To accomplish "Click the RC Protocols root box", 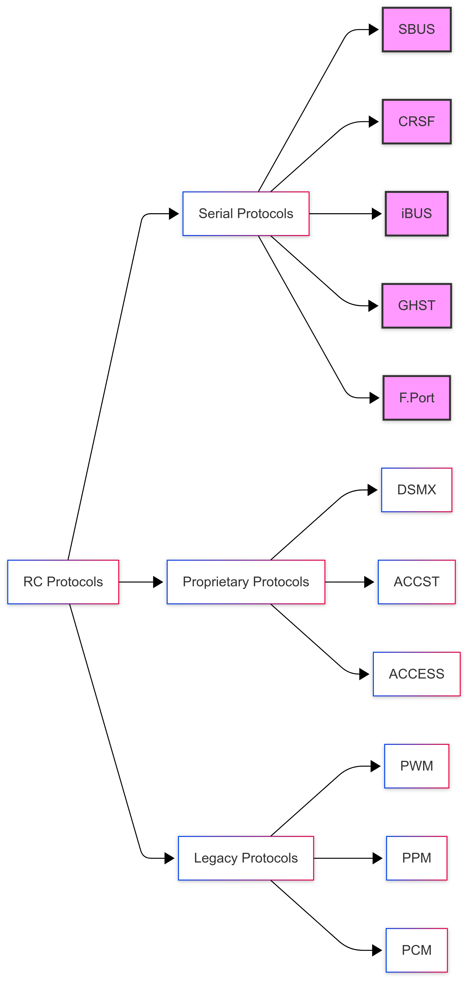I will point(63,582).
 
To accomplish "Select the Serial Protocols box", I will point(246,213).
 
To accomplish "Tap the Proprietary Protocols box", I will point(246,582).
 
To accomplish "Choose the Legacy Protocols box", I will point(246,858).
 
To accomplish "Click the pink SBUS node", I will point(416,29).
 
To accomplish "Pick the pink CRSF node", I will point(416,121).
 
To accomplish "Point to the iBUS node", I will point(416,213).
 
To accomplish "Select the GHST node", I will point(416,306).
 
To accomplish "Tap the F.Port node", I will point(416,398).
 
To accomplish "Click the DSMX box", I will point(416,490).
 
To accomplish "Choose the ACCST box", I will point(416,582).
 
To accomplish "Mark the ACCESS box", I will point(416,674).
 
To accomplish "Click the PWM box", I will point(416,766).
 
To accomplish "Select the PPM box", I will point(416,858).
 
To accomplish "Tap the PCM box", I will point(416,950).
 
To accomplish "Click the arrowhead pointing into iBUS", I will point(377,213).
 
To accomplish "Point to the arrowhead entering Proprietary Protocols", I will point(158,582).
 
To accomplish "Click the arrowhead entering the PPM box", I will point(377,858).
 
